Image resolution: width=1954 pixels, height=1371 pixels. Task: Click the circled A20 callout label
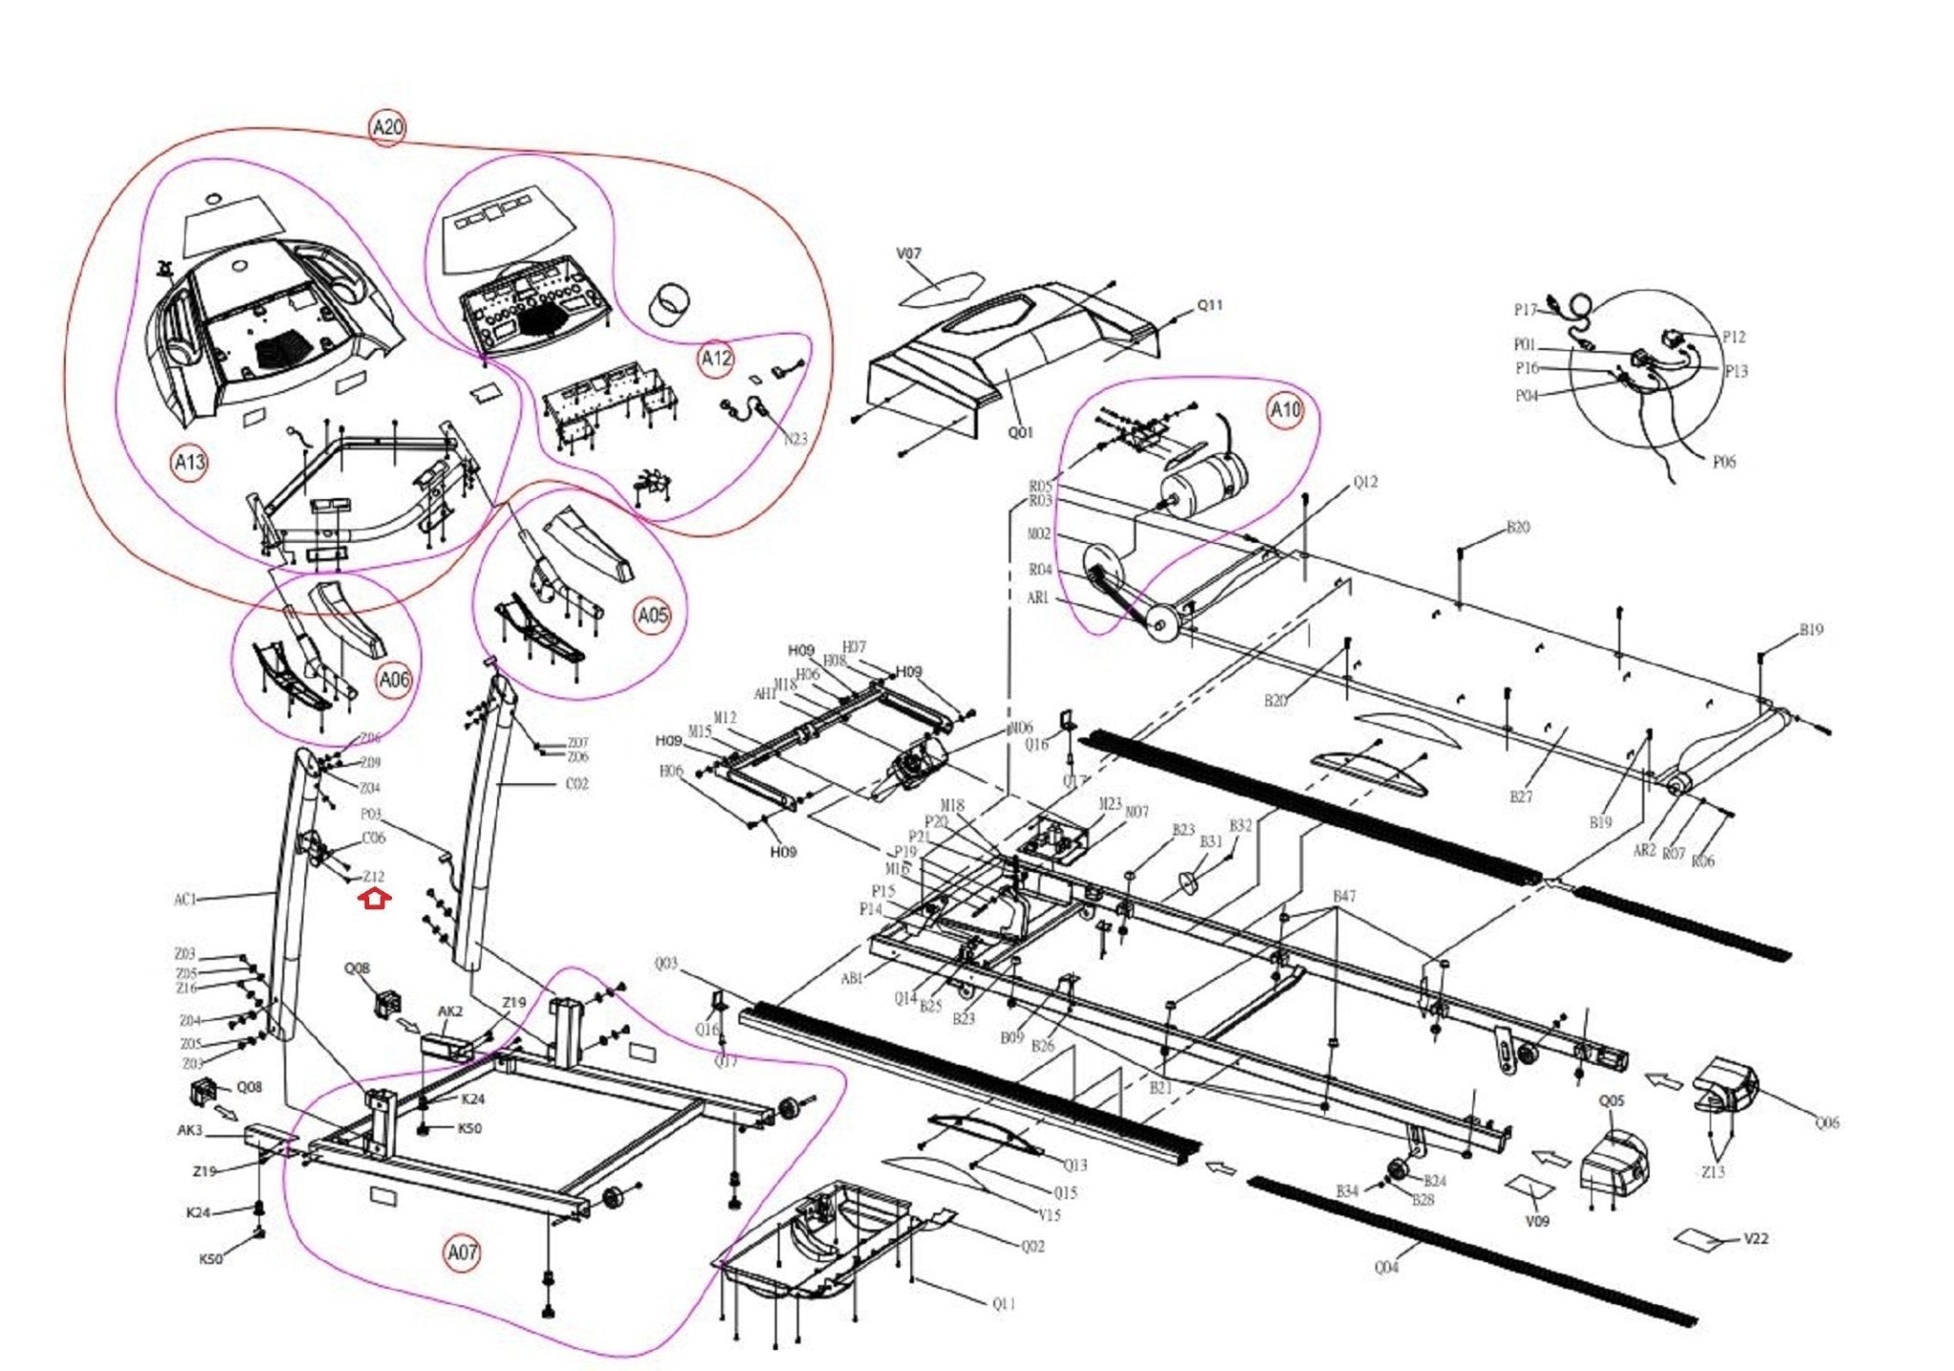click(x=387, y=128)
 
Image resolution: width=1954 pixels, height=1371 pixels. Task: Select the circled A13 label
click(x=189, y=464)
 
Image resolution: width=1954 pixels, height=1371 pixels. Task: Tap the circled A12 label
click(x=716, y=359)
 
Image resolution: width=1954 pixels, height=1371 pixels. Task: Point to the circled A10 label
click(x=1284, y=411)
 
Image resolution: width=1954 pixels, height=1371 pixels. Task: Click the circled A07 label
click(x=463, y=1252)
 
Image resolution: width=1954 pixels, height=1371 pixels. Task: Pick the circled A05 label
click(x=653, y=615)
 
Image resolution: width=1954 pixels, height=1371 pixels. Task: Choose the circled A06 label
click(x=394, y=680)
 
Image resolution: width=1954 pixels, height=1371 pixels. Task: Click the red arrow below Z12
click(x=374, y=899)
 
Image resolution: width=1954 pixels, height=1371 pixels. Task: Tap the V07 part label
click(x=908, y=254)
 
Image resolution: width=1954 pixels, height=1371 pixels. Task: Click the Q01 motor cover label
click(x=1020, y=432)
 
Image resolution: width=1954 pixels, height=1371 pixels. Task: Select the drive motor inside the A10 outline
click(x=1204, y=482)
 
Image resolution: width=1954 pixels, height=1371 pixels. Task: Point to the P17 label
click(x=1525, y=310)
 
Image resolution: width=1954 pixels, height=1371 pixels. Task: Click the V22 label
click(x=1756, y=1239)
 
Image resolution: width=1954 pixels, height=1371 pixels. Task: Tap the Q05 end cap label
click(x=1611, y=1101)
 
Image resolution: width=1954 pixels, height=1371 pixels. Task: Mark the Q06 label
click(x=1826, y=1123)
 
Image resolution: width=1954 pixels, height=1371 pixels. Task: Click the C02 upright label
click(x=577, y=784)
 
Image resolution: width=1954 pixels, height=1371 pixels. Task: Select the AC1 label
click(x=185, y=899)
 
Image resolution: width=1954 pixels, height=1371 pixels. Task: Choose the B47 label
click(x=1343, y=897)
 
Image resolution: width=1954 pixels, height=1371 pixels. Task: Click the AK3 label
click(x=190, y=1131)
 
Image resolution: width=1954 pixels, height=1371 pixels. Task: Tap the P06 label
click(x=1723, y=463)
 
